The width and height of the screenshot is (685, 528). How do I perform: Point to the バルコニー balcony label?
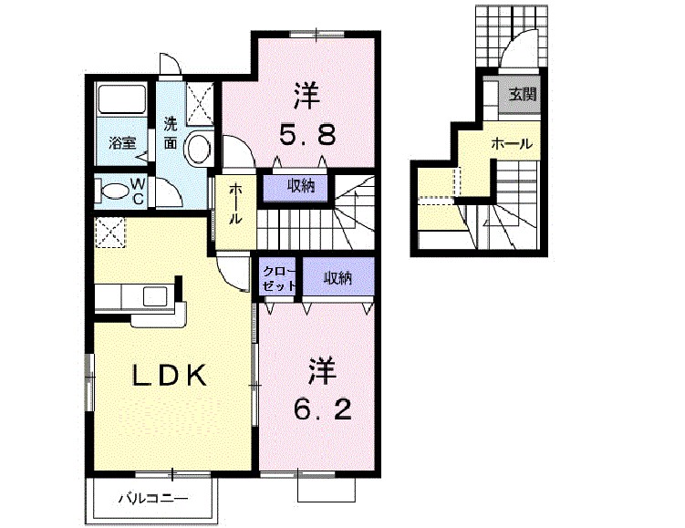pyautogui.click(x=152, y=499)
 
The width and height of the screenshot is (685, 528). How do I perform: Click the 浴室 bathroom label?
pyautogui.click(x=122, y=142)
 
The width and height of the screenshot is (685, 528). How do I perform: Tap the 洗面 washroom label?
pyautogui.click(x=171, y=132)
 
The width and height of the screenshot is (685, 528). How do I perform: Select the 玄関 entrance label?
pyautogui.click(x=523, y=93)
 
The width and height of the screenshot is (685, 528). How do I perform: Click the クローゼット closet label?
pyautogui.click(x=279, y=277)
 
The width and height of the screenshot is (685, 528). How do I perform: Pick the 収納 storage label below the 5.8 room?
pyautogui.click(x=301, y=186)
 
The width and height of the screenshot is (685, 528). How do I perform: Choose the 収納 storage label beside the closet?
pyautogui.click(x=337, y=277)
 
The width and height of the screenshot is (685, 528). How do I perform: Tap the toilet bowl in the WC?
pyautogui.click(x=114, y=192)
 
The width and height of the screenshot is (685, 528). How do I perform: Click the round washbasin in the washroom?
pyautogui.click(x=196, y=150)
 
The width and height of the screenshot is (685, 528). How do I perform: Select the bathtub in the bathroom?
pyautogui.click(x=120, y=101)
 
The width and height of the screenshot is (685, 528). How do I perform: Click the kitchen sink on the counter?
pyautogui.click(x=153, y=296)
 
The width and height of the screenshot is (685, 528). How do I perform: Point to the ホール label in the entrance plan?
pyautogui.click(x=512, y=143)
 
